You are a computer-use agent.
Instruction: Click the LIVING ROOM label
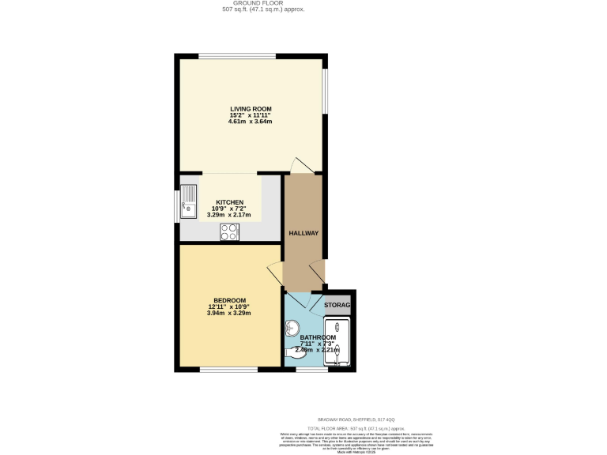(251, 108)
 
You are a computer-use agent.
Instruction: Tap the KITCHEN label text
(230, 201)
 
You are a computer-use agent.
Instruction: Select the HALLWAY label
(303, 233)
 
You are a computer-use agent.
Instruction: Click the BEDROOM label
(229, 300)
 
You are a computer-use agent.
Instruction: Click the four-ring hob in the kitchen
(230, 231)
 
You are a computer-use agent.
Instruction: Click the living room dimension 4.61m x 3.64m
(251, 122)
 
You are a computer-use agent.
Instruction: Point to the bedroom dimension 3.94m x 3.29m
(229, 313)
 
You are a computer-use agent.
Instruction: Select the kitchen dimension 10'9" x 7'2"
(230, 208)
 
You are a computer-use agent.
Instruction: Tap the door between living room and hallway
(301, 165)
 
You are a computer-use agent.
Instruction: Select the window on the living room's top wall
(237, 55)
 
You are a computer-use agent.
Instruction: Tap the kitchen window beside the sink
(177, 203)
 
